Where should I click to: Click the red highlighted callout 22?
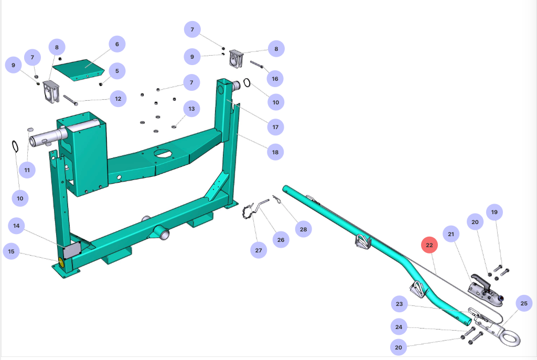[429, 245]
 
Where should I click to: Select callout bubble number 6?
[117, 44]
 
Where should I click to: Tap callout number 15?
[11, 251]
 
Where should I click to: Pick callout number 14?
[16, 226]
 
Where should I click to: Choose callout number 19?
[494, 212]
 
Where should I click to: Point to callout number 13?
[191, 109]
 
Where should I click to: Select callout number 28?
[303, 229]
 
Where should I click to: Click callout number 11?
[27, 170]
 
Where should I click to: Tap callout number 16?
[274, 79]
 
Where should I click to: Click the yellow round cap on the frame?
[61, 262]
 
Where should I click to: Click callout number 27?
[259, 250]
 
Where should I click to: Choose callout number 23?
[400, 304]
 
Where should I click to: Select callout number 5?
[117, 70]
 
